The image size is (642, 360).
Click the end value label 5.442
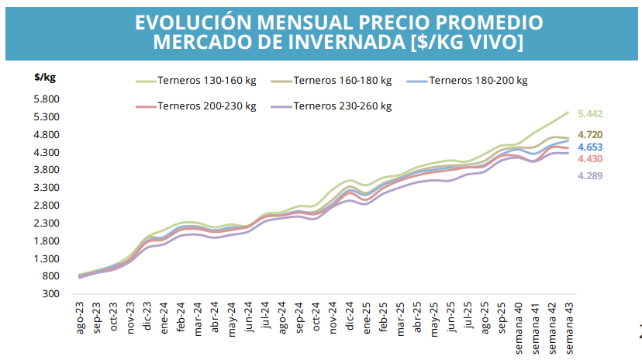(x=590, y=114)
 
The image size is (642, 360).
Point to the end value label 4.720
(x=590, y=135)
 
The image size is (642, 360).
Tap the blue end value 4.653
(x=590, y=147)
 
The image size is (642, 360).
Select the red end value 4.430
(x=590, y=159)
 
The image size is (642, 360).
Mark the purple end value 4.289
(x=590, y=176)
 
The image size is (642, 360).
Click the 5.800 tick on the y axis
(x=47, y=99)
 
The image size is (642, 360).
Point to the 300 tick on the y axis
(x=52, y=294)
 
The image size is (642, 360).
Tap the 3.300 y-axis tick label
(x=47, y=188)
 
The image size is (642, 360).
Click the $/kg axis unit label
(x=45, y=77)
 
